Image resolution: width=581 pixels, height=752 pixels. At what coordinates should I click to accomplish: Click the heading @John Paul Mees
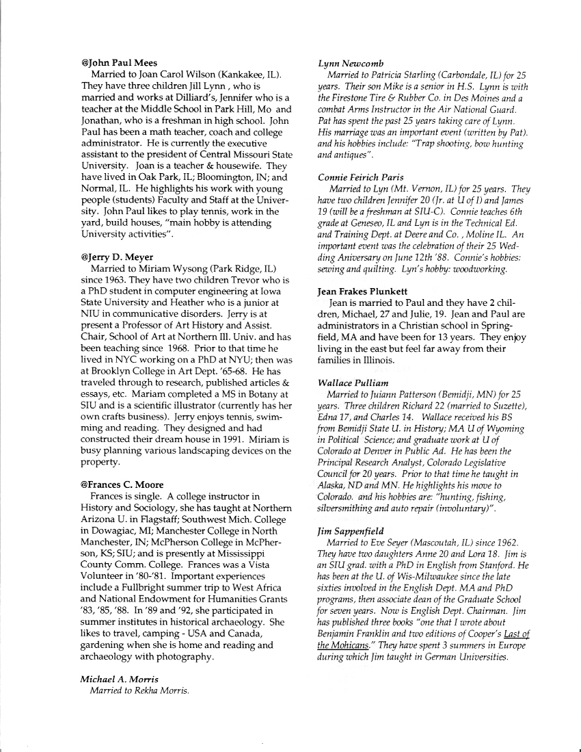(x=119, y=63)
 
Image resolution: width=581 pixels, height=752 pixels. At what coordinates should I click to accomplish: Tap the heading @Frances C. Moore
(x=122, y=485)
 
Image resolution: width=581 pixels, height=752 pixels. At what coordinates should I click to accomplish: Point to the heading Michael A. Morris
(x=120, y=679)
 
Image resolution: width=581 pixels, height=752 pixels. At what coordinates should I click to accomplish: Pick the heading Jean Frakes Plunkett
(x=363, y=291)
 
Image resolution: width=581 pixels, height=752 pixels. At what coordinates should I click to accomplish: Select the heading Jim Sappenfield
(x=351, y=530)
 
